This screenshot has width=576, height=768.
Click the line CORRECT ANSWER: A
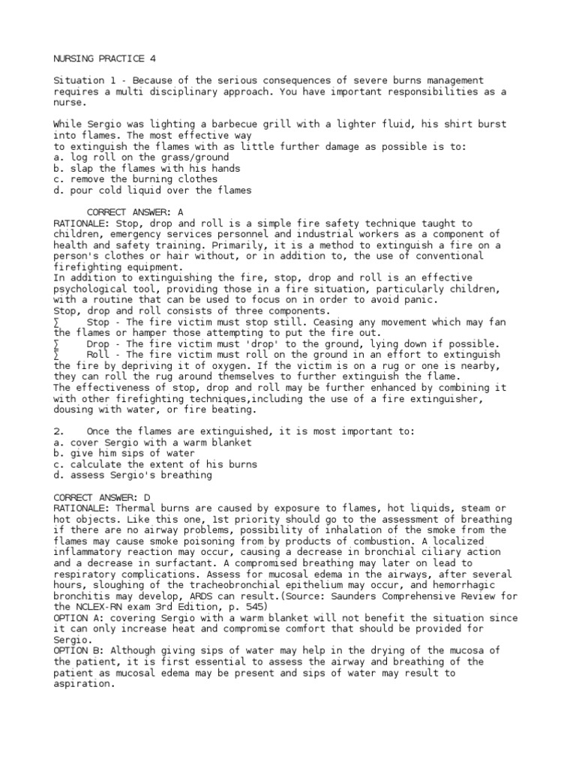point(136,212)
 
